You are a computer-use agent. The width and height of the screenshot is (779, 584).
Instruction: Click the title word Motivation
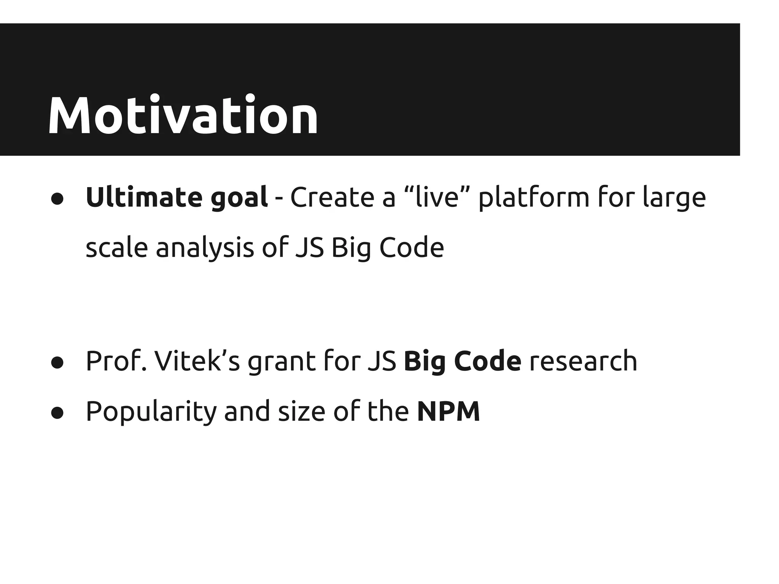click(183, 116)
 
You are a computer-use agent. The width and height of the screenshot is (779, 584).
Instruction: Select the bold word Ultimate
click(144, 197)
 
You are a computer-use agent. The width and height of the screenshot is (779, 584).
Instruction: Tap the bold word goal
click(239, 198)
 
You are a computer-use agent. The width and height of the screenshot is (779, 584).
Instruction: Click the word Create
click(332, 197)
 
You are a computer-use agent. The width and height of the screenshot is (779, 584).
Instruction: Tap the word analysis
click(205, 248)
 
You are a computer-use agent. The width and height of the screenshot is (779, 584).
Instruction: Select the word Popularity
click(151, 412)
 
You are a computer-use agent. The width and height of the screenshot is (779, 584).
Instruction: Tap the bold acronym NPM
click(448, 411)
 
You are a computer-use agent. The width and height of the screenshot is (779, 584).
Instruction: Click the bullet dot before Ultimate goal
click(57, 199)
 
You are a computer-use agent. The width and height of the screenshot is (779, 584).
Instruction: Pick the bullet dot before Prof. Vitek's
click(57, 362)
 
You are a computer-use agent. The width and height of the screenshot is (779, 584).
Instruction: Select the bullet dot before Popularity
click(57, 413)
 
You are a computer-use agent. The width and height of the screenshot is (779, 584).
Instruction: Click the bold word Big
click(424, 362)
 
